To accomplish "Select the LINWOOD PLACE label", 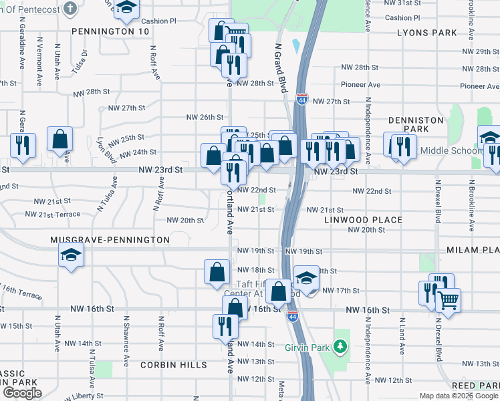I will [x=364, y=219].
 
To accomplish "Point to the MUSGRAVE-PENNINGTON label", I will [x=110, y=239].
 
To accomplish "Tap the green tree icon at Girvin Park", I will [x=341, y=346].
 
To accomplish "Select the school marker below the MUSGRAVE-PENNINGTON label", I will [x=71, y=256].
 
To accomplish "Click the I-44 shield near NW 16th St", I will [x=292, y=315].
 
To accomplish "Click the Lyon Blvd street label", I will [x=102, y=150].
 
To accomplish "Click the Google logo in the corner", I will [x=22, y=393].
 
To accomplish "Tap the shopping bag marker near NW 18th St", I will [x=217, y=272].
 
